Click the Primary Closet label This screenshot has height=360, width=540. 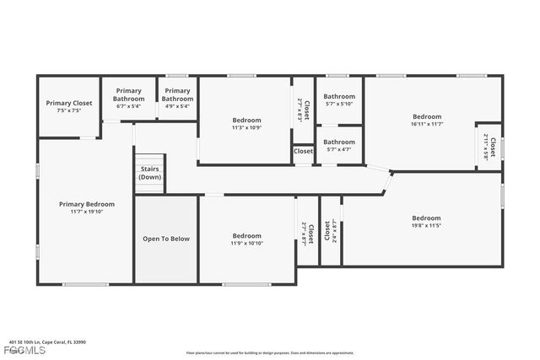pyautogui.click(x=69, y=103)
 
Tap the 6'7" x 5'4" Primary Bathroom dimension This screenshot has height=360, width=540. pyautogui.click(x=129, y=107)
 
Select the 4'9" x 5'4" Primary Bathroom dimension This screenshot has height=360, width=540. pyautogui.click(x=177, y=107)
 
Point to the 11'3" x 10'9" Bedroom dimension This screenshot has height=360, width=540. pyautogui.click(x=246, y=128)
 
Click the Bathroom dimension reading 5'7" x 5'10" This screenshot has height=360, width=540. pyautogui.click(x=339, y=105)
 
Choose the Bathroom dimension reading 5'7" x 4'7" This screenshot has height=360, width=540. pyautogui.click(x=339, y=149)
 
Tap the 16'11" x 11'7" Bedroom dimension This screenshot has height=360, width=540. pyautogui.click(x=426, y=124)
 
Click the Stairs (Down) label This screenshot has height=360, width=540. pyautogui.click(x=150, y=173)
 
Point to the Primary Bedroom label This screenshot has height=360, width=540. pyautogui.click(x=86, y=204)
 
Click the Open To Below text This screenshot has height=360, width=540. pyautogui.click(x=166, y=239)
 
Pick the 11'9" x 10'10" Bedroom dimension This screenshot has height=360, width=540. pyautogui.click(x=246, y=244)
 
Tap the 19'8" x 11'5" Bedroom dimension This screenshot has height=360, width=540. pyautogui.click(x=426, y=226)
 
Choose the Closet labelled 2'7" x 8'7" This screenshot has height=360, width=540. pyautogui.click(x=308, y=232)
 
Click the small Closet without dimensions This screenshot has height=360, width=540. pyautogui.click(x=303, y=152)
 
